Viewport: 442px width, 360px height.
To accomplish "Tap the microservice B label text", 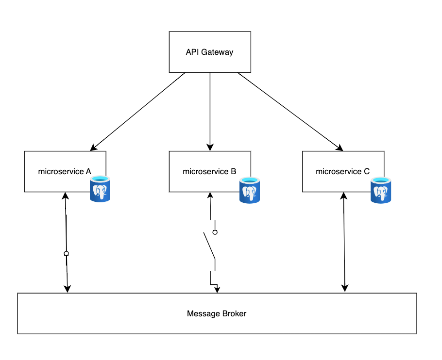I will tap(209, 171).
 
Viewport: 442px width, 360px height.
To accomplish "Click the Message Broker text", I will tap(217, 314).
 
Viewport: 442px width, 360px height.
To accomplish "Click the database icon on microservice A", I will tap(101, 189).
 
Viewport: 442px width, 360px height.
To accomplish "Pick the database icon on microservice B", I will tap(250, 190).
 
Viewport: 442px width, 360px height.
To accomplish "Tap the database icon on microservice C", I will tap(382, 190).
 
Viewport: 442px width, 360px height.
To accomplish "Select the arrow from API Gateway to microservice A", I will tap(138, 111).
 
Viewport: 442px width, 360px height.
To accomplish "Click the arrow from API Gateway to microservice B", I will tap(210, 112).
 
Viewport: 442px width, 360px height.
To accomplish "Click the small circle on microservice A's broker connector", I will tap(67, 254).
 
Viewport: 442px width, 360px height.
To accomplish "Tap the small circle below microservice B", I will tap(215, 232).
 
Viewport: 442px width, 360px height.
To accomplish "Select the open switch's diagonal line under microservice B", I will tap(209, 245).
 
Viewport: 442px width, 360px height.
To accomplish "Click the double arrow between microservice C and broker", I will tap(344, 243).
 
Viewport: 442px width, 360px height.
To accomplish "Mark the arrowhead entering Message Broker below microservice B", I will tap(218, 289).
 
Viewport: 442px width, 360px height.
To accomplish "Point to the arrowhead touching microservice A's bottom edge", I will tap(65, 196).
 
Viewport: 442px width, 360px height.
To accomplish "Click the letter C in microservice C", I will tap(366, 171).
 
